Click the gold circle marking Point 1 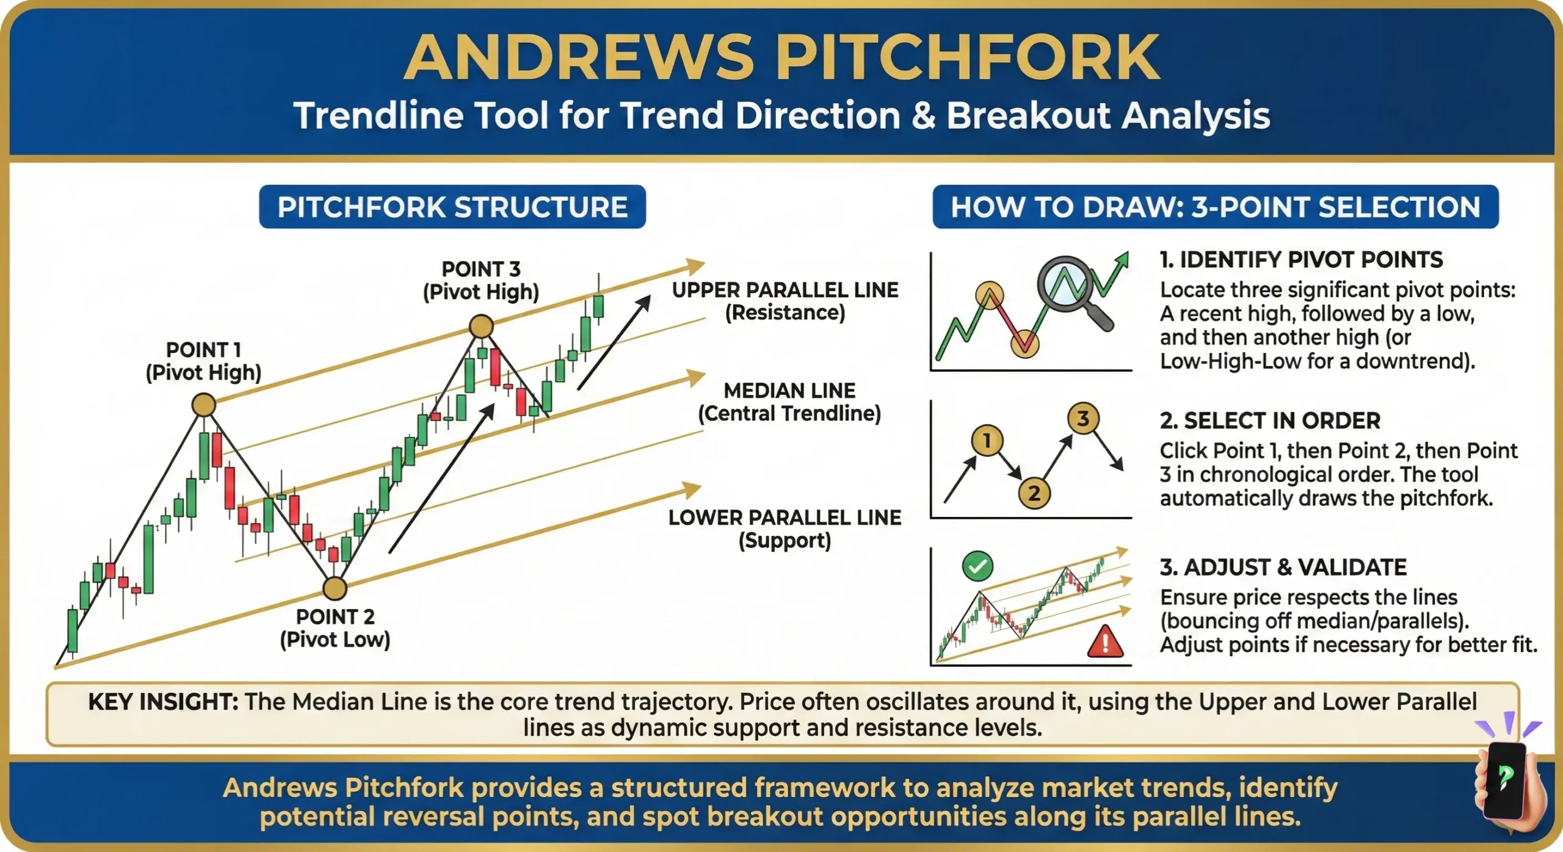203,405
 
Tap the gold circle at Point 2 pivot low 335,588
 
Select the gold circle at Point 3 481,327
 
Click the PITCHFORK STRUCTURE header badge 452,207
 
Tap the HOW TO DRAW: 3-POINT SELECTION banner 1215,207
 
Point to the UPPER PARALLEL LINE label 785,291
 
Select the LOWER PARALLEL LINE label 785,518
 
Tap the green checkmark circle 977,567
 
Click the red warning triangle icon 1105,642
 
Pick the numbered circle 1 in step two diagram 987,440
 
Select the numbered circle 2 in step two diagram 1034,493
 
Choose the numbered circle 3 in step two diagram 1083,419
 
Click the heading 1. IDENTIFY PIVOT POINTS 1301,260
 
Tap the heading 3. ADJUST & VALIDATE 1283,568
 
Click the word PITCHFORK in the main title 967,57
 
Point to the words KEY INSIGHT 163,702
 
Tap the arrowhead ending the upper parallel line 695,266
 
